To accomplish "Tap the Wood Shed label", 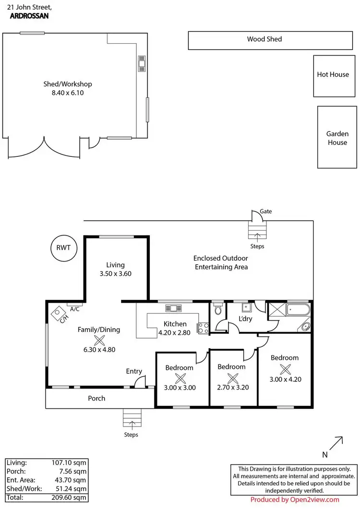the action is tap(264, 39).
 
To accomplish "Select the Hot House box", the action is tap(333, 75).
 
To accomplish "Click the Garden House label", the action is tap(337, 138).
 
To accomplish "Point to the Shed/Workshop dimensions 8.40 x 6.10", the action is tap(68, 93).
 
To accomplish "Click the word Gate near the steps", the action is tap(266, 211).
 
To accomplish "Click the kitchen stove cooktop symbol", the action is tap(203, 328).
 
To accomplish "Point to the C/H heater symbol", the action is tap(60, 315).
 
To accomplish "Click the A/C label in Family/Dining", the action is tap(74, 309).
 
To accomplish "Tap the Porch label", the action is tap(96, 398).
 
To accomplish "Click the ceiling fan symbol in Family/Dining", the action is tap(99, 341).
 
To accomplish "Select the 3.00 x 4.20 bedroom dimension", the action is tap(285, 379).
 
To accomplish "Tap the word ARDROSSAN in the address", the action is tap(29, 15).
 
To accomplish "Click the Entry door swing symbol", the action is tap(140, 382).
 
